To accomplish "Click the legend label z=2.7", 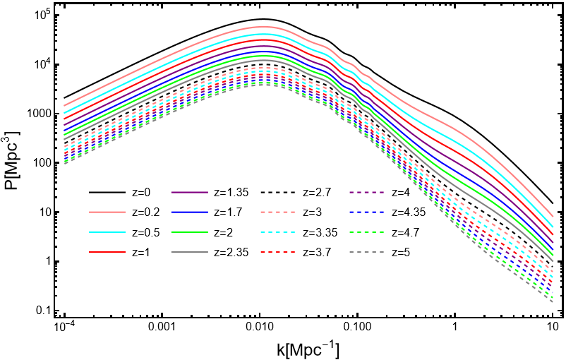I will [x=317, y=193].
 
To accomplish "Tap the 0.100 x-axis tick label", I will [x=358, y=328].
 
